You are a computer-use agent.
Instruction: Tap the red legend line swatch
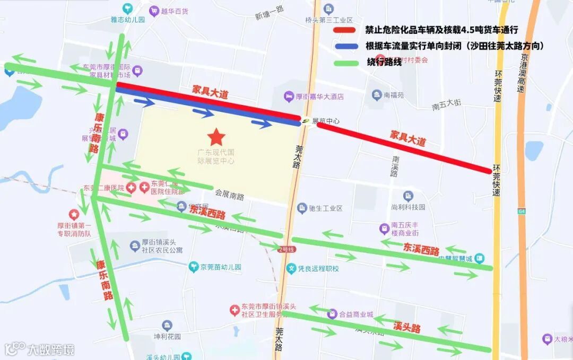(x=346, y=30)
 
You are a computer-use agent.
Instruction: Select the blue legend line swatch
(x=346, y=46)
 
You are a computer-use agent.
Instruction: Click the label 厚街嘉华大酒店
(x=319, y=96)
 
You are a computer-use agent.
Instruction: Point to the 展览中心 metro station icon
(x=307, y=121)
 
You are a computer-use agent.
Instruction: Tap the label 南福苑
(x=393, y=95)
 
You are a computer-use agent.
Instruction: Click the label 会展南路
(x=229, y=196)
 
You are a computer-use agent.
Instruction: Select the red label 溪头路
(x=407, y=327)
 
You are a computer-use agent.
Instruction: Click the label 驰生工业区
(x=326, y=208)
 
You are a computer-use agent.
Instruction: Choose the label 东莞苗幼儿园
(x=221, y=267)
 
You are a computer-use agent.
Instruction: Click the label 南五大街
(x=446, y=106)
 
